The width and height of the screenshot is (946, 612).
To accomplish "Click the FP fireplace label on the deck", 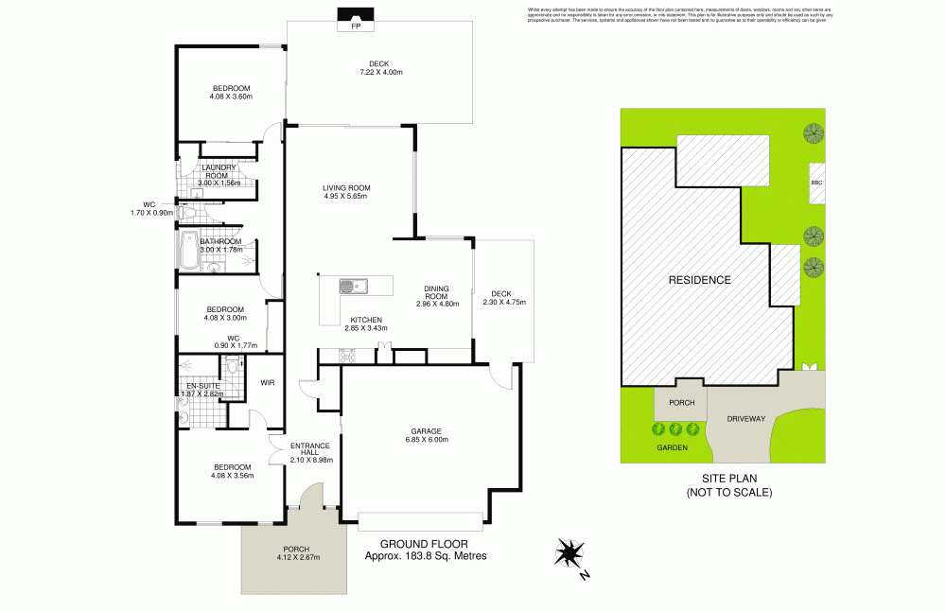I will (356, 26).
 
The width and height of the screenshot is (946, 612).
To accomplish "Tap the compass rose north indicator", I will (570, 553).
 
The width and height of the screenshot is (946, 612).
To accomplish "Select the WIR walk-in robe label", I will (268, 382).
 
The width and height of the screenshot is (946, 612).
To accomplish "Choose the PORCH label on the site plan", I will (681, 402).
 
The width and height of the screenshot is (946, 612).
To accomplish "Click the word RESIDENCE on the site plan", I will (699, 280).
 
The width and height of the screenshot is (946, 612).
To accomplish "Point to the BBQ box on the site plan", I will (815, 183).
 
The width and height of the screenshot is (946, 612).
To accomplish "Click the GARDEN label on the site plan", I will (673, 447).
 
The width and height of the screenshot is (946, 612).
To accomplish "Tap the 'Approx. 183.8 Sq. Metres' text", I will (426, 556).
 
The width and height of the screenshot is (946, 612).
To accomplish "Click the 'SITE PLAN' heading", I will (728, 479).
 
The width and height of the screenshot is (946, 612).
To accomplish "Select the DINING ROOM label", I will (437, 292).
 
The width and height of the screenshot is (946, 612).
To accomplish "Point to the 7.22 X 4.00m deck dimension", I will (380, 73).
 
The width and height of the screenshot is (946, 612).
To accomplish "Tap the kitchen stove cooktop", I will (347, 355).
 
